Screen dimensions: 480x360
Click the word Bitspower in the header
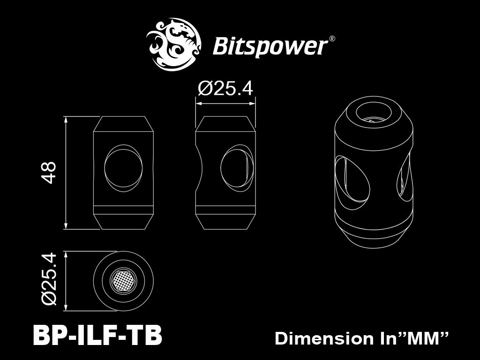tap(270, 46)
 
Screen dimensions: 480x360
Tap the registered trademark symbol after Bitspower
tap(331, 39)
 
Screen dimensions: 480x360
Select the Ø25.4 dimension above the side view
tap(225, 89)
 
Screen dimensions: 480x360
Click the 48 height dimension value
tap(48, 172)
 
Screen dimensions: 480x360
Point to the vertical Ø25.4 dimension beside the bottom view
tap(49, 278)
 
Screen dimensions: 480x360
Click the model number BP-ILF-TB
tap(97, 335)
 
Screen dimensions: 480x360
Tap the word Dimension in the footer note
tap(323, 338)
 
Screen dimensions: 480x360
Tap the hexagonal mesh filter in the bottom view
tap(123, 281)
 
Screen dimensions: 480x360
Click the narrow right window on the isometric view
tap(404, 177)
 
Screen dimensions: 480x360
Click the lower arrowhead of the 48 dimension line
tap(66, 225)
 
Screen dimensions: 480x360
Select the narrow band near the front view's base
tap(123, 210)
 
